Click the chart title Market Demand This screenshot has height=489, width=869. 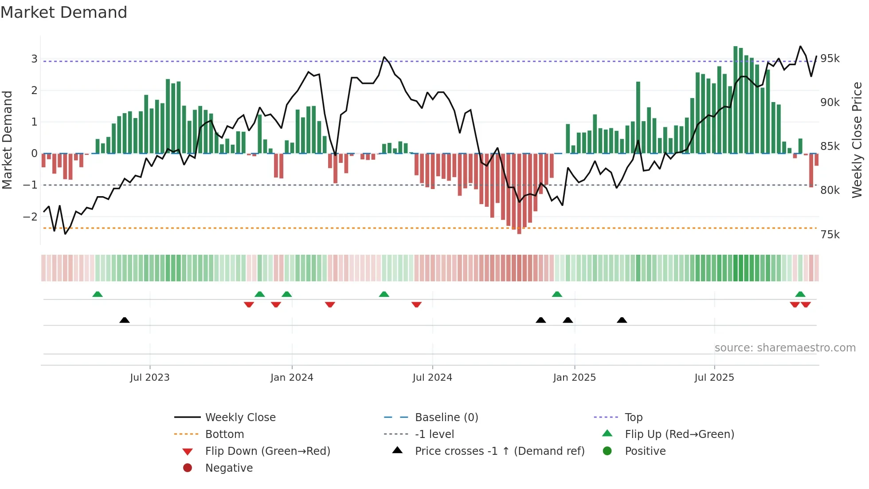[x=64, y=12]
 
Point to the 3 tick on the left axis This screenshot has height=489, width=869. [x=34, y=59]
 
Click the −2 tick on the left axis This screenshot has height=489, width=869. [x=31, y=217]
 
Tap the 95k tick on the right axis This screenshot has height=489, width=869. [x=830, y=59]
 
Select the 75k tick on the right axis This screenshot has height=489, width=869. [x=830, y=235]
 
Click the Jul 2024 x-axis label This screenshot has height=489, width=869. [x=432, y=378]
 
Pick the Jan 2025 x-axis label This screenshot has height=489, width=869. [x=574, y=378]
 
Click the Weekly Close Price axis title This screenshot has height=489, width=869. [x=857, y=140]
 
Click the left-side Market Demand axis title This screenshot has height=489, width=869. [x=8, y=140]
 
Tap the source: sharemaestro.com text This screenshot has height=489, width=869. [x=785, y=348]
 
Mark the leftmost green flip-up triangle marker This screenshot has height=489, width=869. [x=98, y=294]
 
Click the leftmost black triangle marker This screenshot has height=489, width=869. [x=125, y=320]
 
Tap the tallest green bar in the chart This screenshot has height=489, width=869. [x=736, y=100]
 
